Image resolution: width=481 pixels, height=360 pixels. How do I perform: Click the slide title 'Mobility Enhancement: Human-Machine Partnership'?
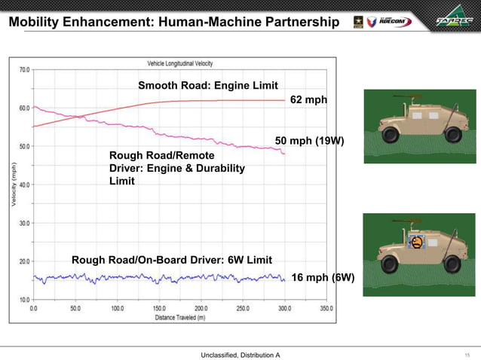coord(173,22)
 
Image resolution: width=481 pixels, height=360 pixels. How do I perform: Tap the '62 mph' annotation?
coord(308,100)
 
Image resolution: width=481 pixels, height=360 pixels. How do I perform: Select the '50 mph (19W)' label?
coord(309,141)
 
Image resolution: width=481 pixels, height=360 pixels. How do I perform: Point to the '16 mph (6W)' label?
coord(323,277)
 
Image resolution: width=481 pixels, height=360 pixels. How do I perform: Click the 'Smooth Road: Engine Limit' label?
coord(208,85)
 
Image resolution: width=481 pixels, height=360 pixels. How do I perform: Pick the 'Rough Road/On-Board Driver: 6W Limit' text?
coord(172,260)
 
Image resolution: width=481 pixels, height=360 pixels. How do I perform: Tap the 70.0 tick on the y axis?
coord(24,69)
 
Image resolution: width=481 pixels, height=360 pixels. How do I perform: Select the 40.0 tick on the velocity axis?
coord(24,185)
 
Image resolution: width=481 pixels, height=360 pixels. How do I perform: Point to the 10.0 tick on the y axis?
coord(24,300)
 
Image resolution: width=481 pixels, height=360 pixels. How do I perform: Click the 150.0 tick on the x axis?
coord(160,309)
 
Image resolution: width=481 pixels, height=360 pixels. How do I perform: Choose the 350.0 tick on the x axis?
coord(326,309)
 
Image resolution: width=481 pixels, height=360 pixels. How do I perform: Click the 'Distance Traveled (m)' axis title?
coord(180,316)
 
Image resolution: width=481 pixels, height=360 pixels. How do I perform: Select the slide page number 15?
coord(467,354)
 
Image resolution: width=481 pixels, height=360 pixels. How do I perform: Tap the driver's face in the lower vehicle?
coord(415,243)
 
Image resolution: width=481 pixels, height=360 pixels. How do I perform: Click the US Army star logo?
coord(357,22)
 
